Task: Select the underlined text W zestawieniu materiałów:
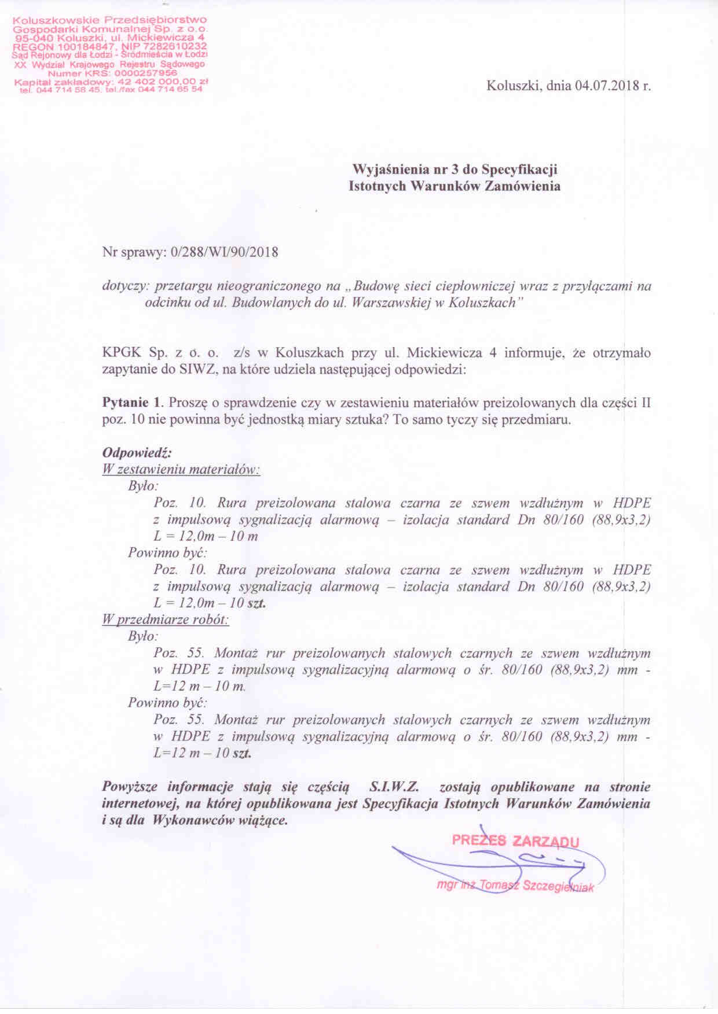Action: coord(181,469)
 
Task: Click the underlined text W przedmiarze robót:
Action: coord(166,620)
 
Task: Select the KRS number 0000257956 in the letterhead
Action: coord(146,73)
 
